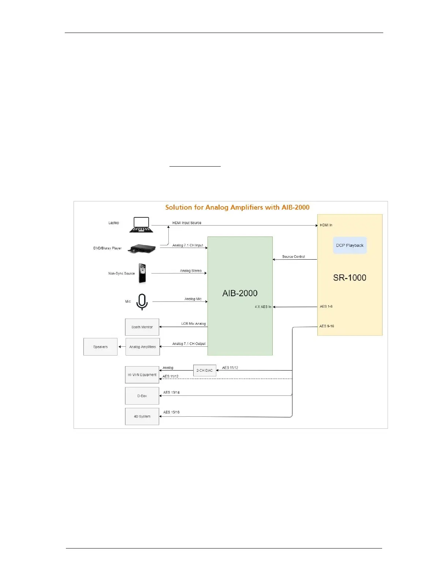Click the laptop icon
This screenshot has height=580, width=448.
(x=141, y=225)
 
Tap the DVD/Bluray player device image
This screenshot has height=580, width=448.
(x=142, y=249)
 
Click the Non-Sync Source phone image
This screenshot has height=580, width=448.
(x=142, y=273)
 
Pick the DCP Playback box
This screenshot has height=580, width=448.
(x=350, y=245)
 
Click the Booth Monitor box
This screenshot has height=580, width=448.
(x=142, y=327)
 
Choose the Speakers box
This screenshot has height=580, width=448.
(x=100, y=347)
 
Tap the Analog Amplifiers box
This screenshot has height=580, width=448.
(x=142, y=347)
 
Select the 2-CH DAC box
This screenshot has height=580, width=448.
(x=204, y=371)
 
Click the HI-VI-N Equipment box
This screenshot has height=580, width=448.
(x=142, y=375)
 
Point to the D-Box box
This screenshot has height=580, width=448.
(x=142, y=396)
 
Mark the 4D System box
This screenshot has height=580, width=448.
(x=142, y=416)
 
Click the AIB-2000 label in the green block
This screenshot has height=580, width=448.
(x=240, y=293)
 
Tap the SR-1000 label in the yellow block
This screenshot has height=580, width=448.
(x=350, y=278)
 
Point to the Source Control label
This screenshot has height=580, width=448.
(x=293, y=257)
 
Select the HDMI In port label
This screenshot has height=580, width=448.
(x=326, y=225)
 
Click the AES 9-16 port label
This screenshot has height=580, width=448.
(x=326, y=326)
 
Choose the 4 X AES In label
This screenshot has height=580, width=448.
(x=263, y=307)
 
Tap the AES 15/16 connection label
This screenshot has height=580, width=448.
(x=171, y=412)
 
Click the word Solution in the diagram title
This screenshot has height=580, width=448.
(x=179, y=208)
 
